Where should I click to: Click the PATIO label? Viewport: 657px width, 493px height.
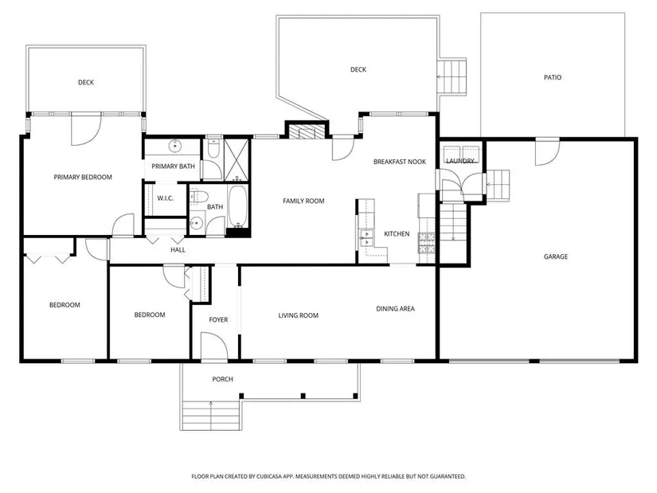coord(552,77)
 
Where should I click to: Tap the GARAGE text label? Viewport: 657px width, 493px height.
coord(556,256)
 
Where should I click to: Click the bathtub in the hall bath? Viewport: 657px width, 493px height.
coord(238,206)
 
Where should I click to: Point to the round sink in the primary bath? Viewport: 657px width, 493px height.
coord(174,147)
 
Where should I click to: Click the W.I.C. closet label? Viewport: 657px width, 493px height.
coord(165,198)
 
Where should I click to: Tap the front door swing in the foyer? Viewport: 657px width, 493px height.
coord(214,346)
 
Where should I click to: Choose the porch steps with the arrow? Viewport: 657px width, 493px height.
coord(211,415)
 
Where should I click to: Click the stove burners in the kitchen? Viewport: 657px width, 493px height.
coord(427,243)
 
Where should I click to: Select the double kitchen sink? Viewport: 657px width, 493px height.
coord(366,237)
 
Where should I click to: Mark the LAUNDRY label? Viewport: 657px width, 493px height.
coord(460,161)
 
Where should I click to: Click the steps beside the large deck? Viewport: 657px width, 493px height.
coord(452,76)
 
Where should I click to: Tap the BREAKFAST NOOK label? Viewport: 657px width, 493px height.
coord(399,162)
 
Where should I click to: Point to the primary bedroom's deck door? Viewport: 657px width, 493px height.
coord(86,130)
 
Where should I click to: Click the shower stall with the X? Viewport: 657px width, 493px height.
coord(237,160)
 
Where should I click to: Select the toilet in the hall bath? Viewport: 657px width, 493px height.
coord(199,196)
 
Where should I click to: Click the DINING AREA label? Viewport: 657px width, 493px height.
coord(395,309)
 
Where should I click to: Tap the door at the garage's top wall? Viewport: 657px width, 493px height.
coord(547,152)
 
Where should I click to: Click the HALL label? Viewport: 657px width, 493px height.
coord(178,250)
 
